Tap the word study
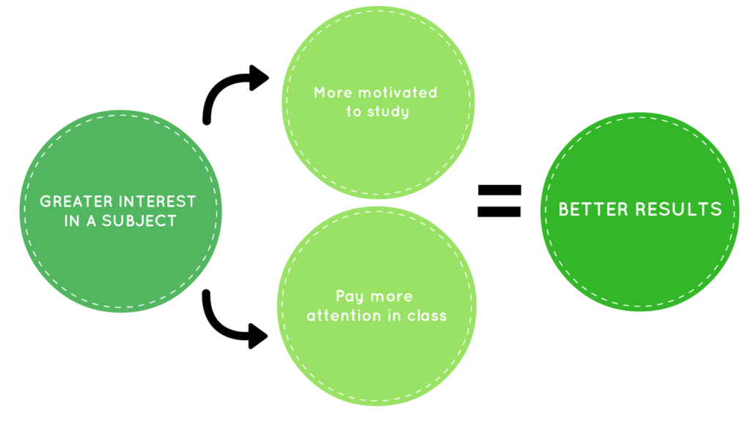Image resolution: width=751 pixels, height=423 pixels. [x=387, y=112]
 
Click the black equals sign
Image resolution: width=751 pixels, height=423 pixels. [x=499, y=200]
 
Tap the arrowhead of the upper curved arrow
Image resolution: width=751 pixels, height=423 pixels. [x=259, y=78]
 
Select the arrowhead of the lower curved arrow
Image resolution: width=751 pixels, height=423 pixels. [x=257, y=337]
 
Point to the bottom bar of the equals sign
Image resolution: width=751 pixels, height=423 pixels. [x=499, y=211]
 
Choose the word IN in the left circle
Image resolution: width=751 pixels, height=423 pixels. [x=72, y=220]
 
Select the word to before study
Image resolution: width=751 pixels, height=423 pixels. [x=353, y=112]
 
